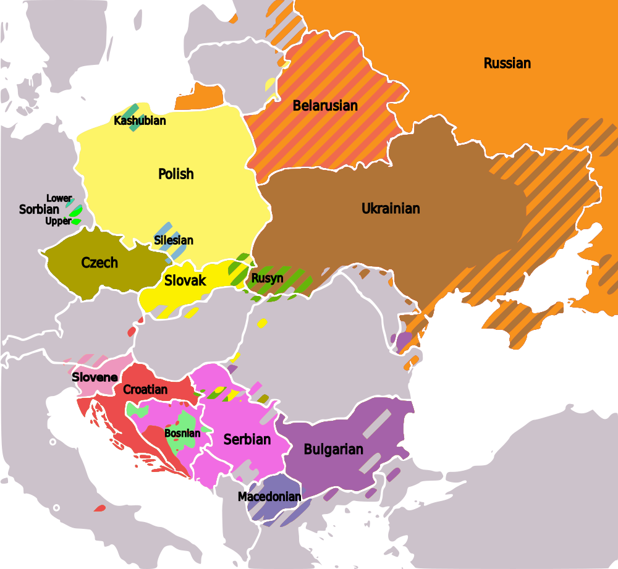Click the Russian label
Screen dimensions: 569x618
click(507, 63)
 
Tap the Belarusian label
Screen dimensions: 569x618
click(325, 106)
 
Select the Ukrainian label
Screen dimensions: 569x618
click(391, 208)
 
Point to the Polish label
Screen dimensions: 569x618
click(176, 174)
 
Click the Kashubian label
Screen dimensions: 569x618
click(140, 120)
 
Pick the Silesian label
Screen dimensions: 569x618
click(174, 240)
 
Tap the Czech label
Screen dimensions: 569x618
click(99, 263)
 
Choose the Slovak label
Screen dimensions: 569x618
click(185, 280)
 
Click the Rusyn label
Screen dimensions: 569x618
click(267, 278)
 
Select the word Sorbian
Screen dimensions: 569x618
click(39, 209)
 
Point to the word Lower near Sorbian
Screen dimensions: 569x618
click(59, 198)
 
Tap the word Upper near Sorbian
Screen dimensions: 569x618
click(58, 221)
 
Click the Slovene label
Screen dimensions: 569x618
click(95, 377)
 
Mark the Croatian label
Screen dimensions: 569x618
click(145, 389)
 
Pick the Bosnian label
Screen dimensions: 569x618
click(182, 433)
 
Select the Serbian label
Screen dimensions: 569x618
click(247, 439)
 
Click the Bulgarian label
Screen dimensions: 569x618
click(333, 449)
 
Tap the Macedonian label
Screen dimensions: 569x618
click(269, 497)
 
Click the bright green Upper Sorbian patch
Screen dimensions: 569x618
click(77, 221)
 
